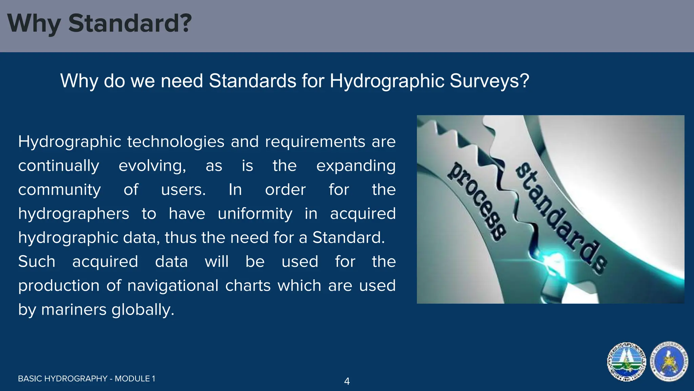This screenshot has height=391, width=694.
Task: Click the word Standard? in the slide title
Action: [130, 23]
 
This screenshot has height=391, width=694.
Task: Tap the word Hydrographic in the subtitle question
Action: [387, 81]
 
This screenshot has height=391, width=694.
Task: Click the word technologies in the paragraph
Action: [176, 142]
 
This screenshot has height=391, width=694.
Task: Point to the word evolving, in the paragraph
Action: [152, 166]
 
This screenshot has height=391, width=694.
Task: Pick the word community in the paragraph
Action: [59, 190]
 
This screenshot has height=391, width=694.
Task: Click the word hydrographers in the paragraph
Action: [74, 214]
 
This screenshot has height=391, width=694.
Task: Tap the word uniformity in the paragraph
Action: [255, 214]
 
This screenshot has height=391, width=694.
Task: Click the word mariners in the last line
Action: [74, 310]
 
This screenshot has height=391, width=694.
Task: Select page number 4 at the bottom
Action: [347, 381]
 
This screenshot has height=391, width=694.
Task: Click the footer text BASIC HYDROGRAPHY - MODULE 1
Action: [86, 379]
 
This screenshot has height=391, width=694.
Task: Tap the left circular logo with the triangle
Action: [626, 362]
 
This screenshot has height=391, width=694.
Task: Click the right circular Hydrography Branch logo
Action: [669, 362]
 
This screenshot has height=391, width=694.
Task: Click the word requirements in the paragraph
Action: [315, 142]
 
